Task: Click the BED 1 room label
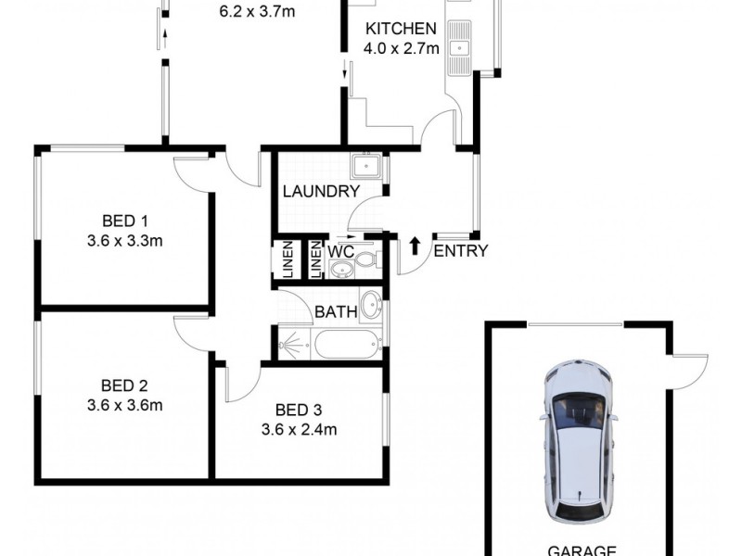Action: click(x=125, y=221)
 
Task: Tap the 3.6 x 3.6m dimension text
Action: click(x=125, y=405)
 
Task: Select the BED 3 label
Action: click(x=299, y=410)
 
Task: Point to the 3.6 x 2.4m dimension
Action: click(x=299, y=429)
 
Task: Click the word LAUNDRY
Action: click(x=321, y=192)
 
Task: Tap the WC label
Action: click(x=340, y=251)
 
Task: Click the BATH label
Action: click(x=336, y=312)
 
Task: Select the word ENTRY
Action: click(x=460, y=251)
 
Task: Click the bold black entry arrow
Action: click(x=415, y=246)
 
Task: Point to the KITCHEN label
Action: click(x=401, y=29)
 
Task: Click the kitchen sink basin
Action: click(x=459, y=48)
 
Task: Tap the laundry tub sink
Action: click(x=365, y=167)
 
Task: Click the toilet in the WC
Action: click(x=366, y=259)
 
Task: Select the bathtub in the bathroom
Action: click(x=346, y=345)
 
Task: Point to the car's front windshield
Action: click(x=578, y=410)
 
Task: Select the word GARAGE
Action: click(x=582, y=550)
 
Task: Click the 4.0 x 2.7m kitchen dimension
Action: click(x=402, y=48)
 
